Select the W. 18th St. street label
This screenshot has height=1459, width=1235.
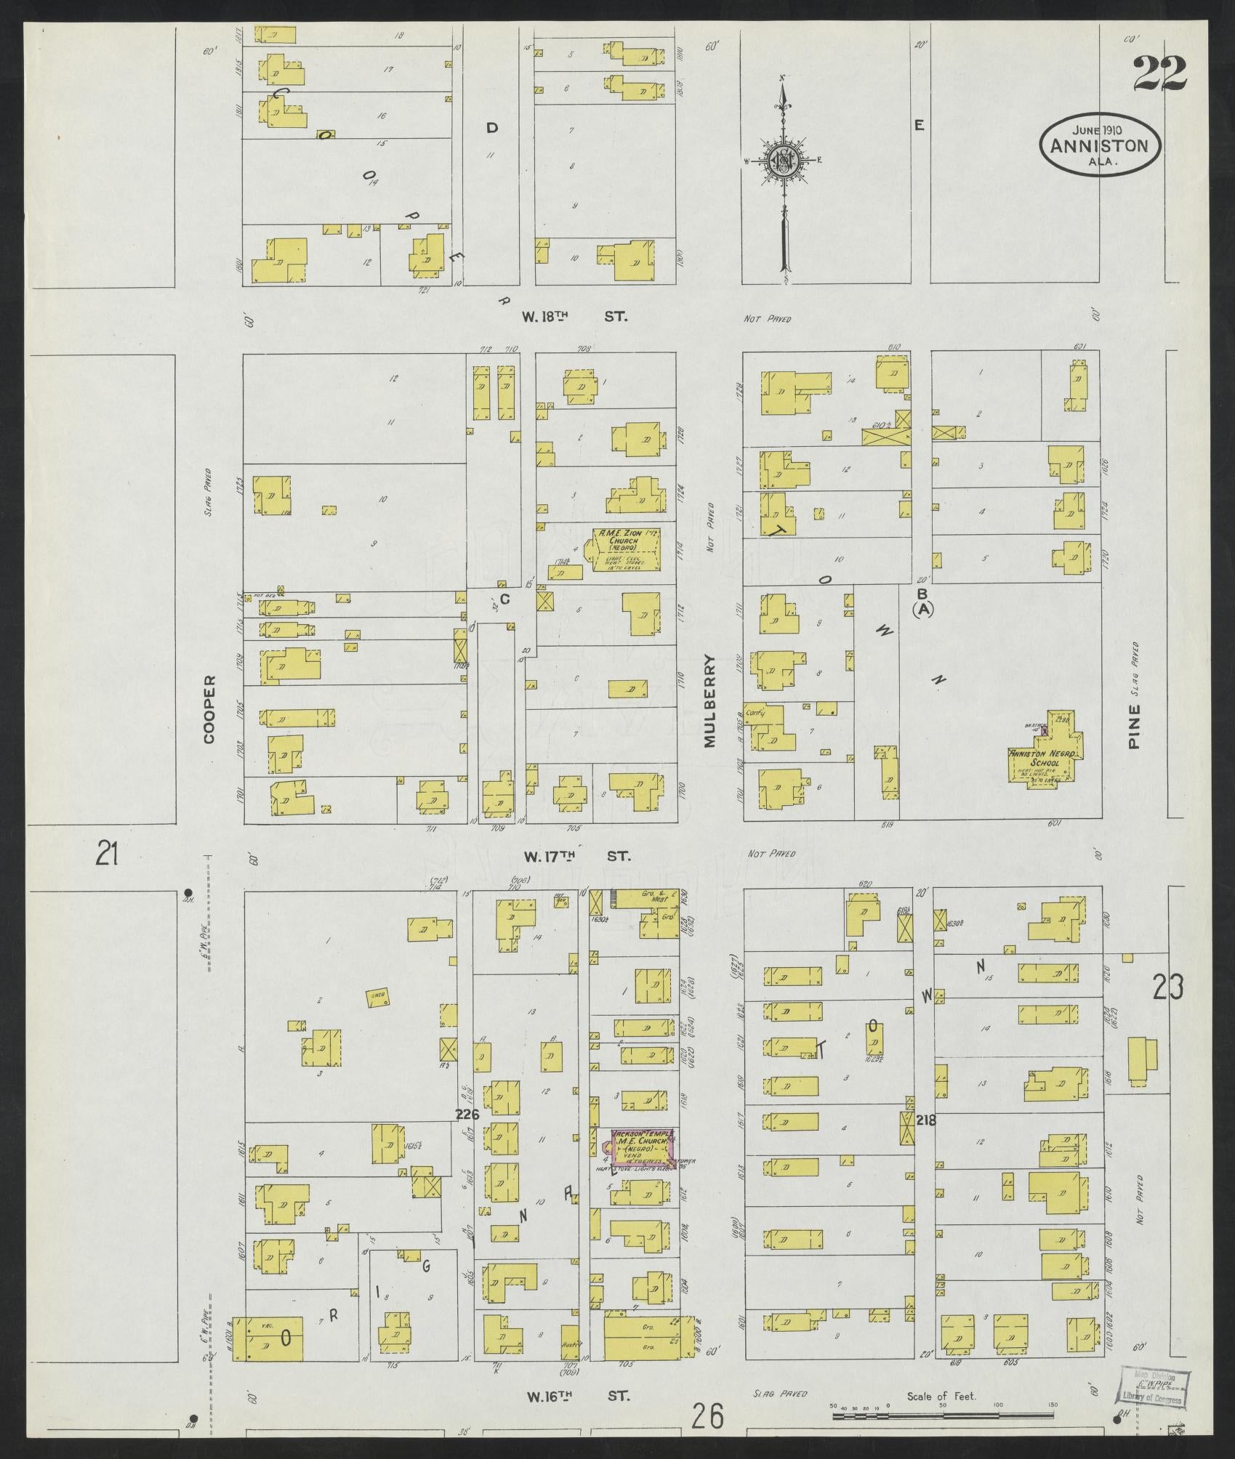(x=574, y=317)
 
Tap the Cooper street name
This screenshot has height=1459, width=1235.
(x=210, y=709)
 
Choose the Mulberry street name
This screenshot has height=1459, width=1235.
(x=709, y=700)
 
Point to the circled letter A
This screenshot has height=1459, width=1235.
(x=923, y=609)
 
